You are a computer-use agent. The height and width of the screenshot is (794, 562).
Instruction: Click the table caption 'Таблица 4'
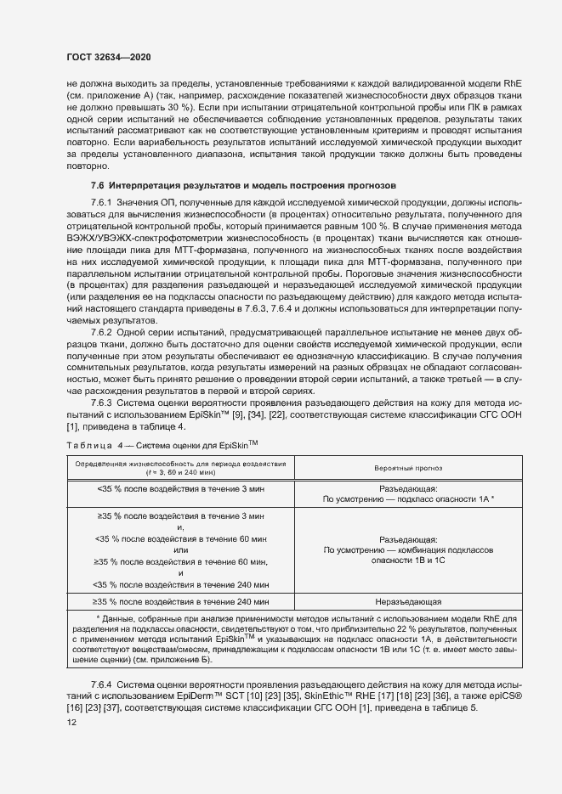(89, 445)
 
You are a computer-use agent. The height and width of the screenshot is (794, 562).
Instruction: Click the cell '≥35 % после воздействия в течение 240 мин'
(182, 601)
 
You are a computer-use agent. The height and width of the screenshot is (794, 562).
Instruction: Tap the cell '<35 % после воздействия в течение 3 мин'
(182, 489)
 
